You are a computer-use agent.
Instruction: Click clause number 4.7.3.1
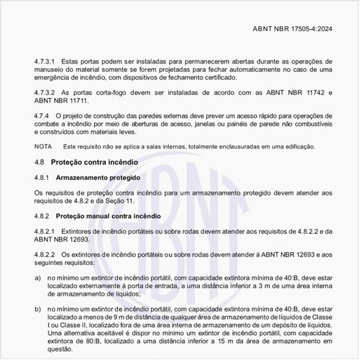click(45, 60)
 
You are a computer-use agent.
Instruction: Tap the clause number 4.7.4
click(42, 115)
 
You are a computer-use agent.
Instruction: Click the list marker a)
click(37, 278)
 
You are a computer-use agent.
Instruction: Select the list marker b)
click(37, 307)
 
